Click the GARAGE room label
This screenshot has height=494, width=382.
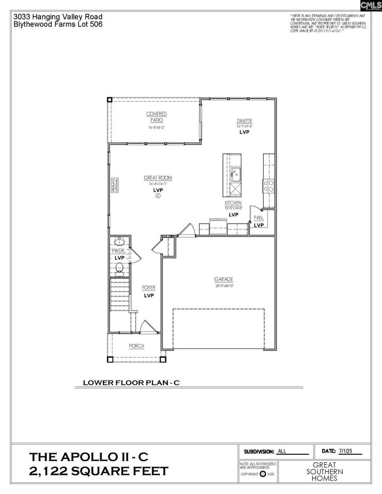(224, 279)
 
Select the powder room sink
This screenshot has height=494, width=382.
(119, 241)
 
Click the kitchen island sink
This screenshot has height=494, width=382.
(235, 173)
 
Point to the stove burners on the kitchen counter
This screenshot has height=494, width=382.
(269, 186)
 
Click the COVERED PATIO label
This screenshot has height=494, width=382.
(157, 117)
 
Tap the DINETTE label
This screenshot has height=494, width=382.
(245, 121)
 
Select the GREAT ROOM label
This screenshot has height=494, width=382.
(158, 178)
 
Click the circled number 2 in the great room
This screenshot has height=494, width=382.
(158, 196)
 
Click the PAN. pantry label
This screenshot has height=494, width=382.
(259, 218)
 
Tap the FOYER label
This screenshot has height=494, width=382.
(149, 288)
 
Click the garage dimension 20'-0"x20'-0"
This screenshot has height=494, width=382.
(224, 285)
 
